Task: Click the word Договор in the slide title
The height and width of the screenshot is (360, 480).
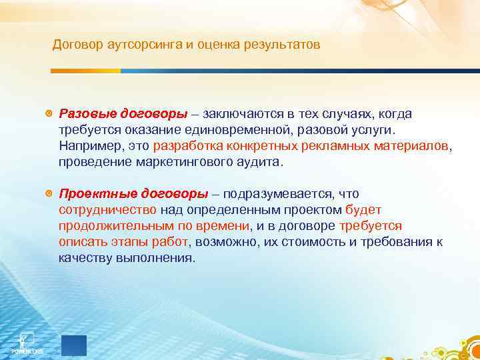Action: click(75, 45)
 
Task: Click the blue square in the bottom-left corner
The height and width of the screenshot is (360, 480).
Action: click(73, 345)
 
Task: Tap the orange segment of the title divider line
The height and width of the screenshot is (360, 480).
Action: click(86, 71)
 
